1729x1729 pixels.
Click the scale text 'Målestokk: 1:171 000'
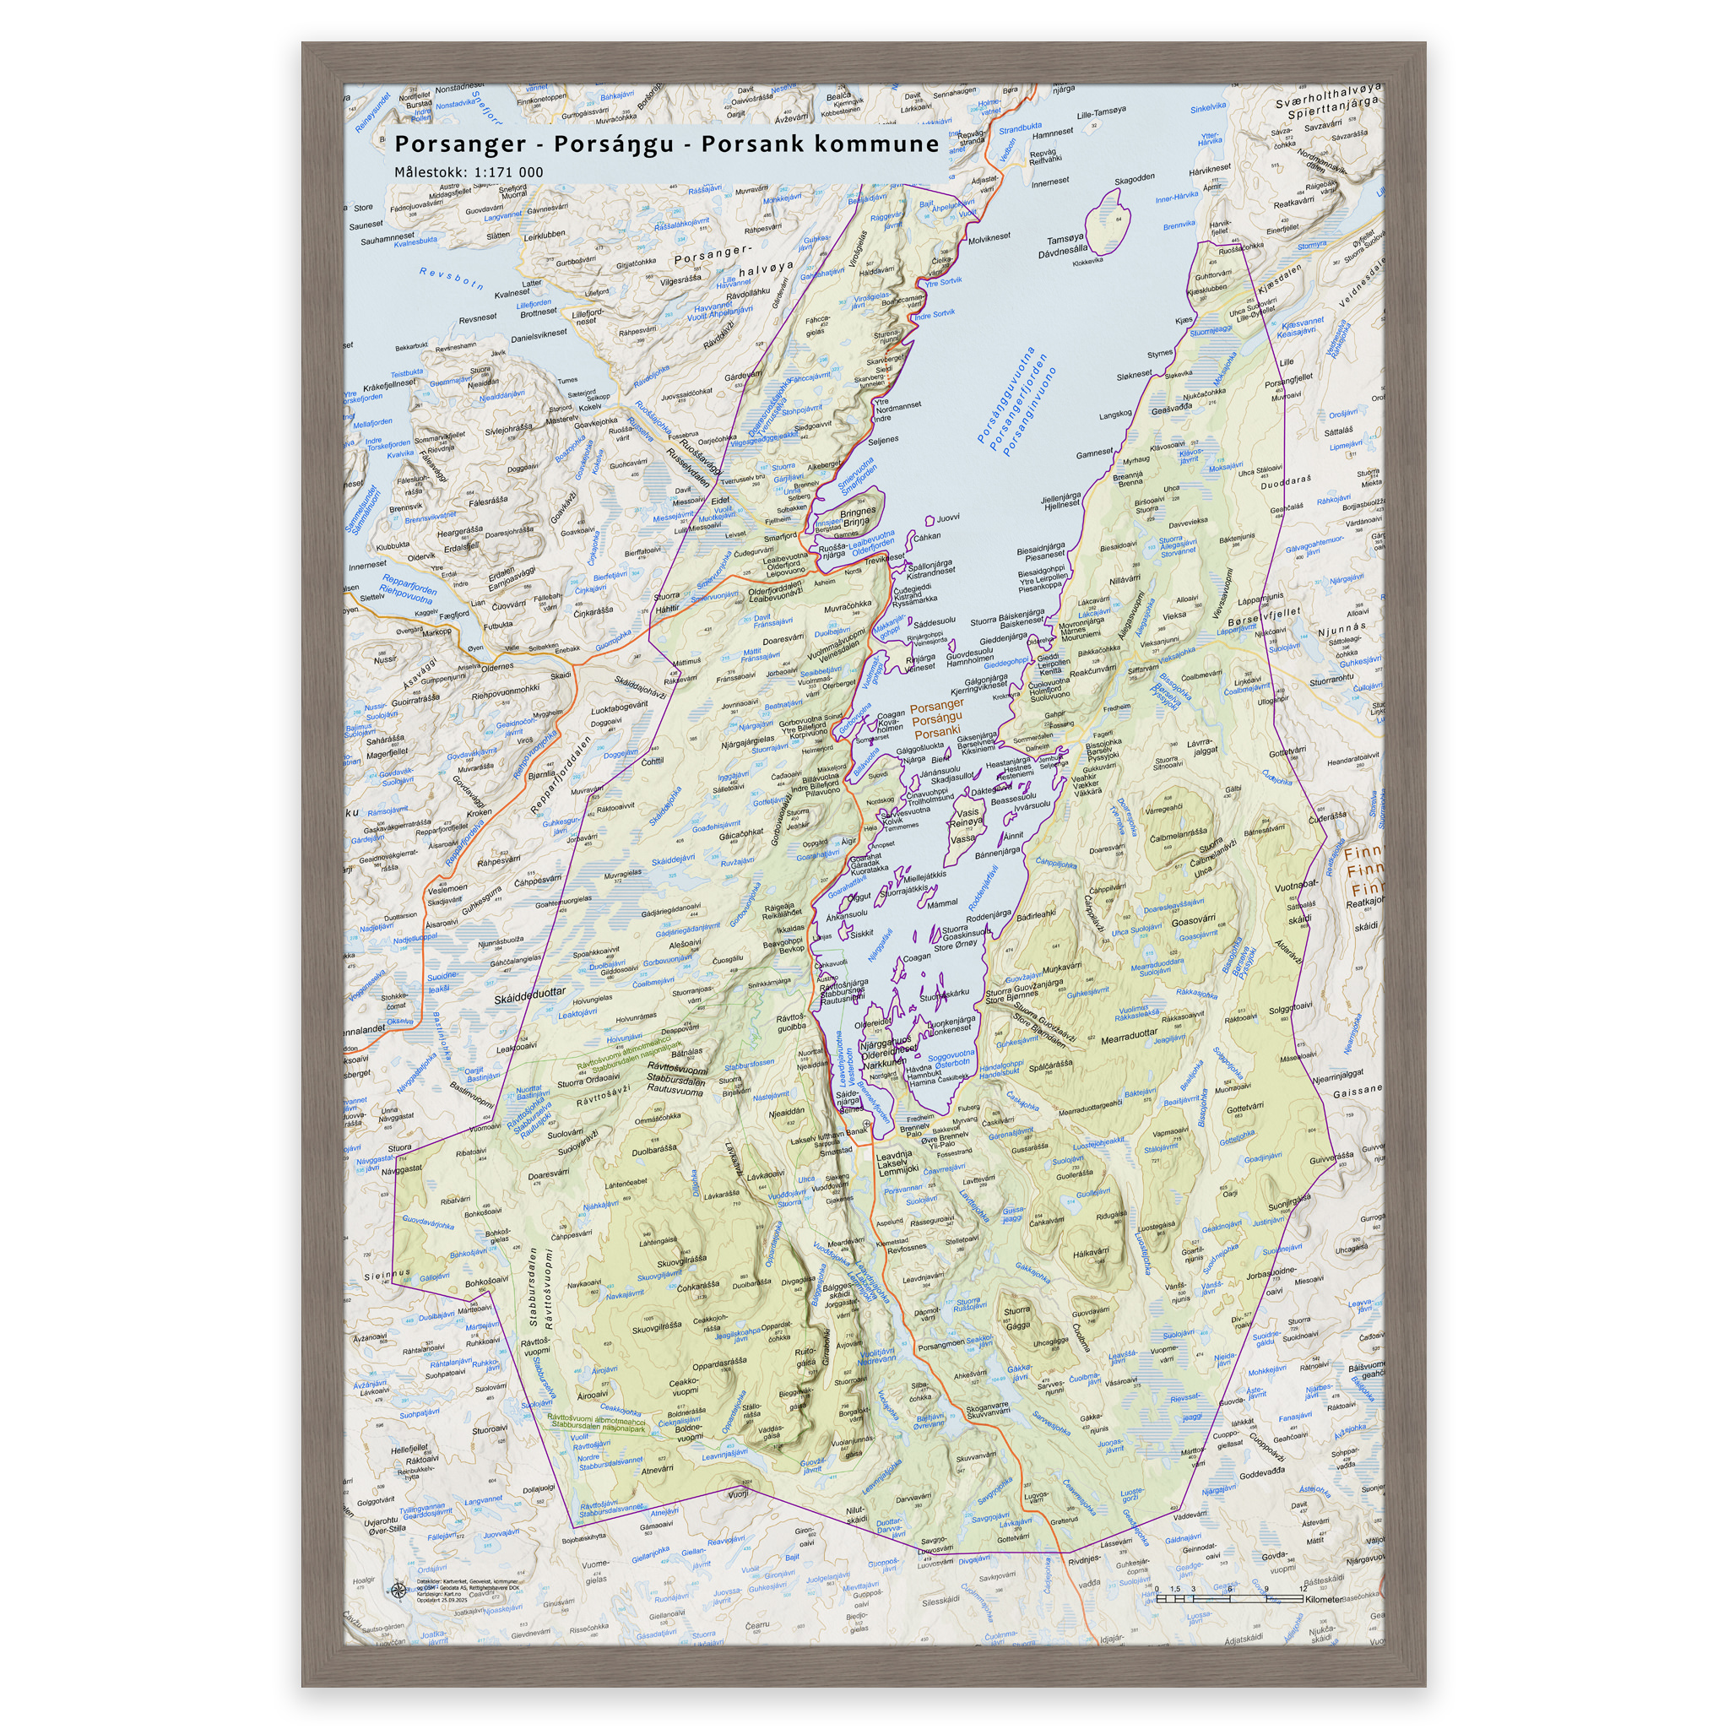tap(469, 172)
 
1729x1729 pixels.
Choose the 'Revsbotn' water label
tap(452, 279)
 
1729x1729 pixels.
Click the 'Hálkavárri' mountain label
tap(1090, 1252)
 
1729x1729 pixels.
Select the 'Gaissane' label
tap(1357, 1092)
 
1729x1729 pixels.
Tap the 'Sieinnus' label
tap(387, 1272)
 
